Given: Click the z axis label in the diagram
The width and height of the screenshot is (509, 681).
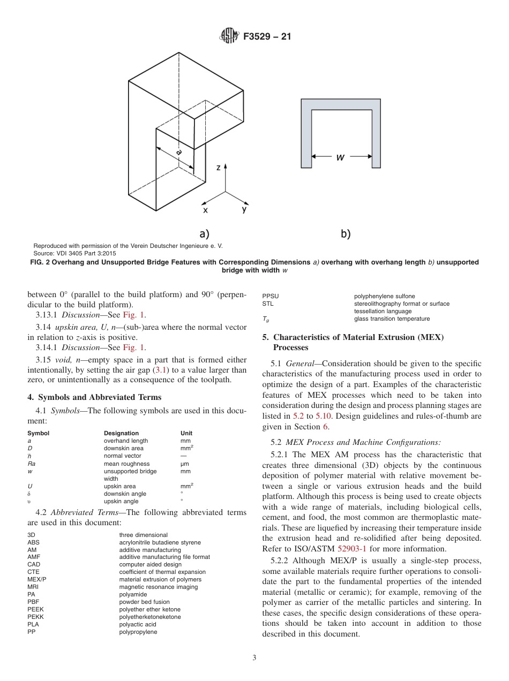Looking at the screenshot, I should coord(218,168).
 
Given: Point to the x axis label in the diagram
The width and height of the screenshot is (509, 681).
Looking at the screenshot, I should coord(205,210).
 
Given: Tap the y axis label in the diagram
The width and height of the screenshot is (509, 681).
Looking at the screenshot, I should coord(244,210).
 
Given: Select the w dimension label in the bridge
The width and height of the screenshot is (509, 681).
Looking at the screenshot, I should coord(340,157).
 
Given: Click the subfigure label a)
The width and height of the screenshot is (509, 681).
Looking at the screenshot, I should coord(204,233).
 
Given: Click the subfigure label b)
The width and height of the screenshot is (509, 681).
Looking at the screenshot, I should coord(346,233).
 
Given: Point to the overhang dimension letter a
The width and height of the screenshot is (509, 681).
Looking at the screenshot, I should coord(178,152).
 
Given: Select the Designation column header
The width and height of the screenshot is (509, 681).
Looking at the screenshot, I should coord(121,433).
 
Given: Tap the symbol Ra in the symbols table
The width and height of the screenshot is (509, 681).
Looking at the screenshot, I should coord(32,464).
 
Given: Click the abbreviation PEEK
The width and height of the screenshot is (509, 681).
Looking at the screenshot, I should coord(35,609).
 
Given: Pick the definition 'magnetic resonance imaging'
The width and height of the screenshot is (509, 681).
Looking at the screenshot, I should coord(158,587).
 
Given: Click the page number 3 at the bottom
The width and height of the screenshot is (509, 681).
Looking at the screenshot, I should coord(254,658).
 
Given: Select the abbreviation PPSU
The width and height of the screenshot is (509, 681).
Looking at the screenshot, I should coord(270,296).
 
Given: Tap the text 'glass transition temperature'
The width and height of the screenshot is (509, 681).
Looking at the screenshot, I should coord(392,319).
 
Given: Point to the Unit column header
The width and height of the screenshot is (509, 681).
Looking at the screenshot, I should coord(186,433).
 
